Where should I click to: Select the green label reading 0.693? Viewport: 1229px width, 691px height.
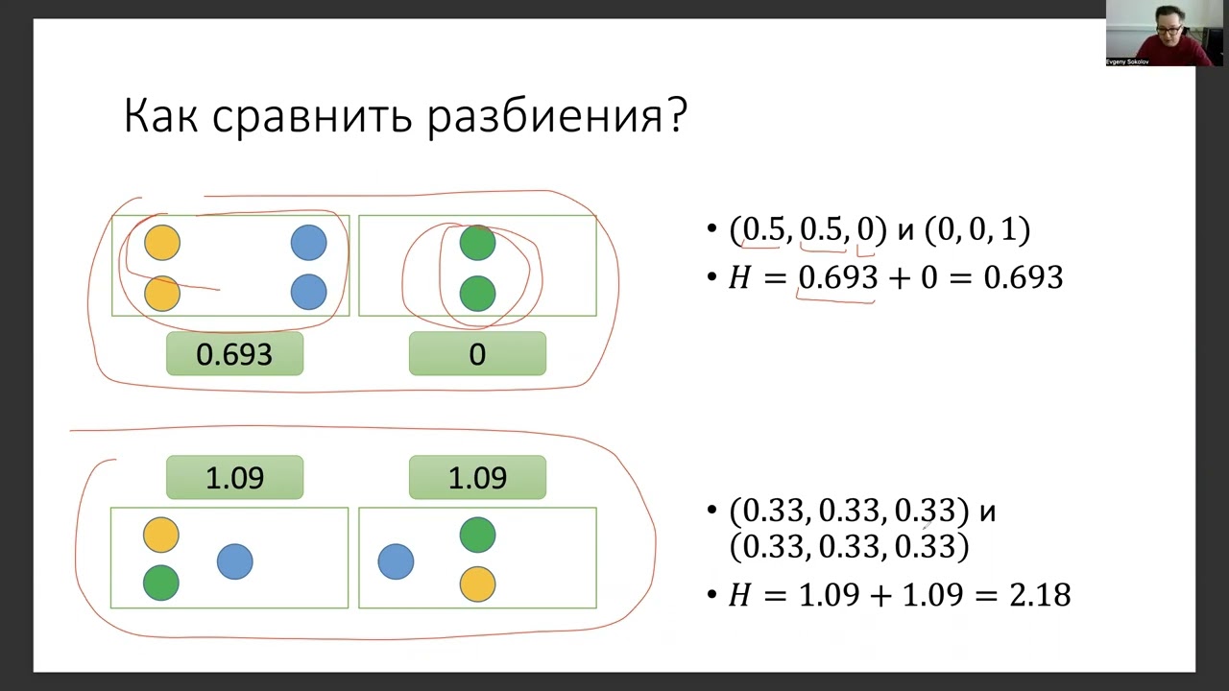(234, 354)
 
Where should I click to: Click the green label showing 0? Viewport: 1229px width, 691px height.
(477, 354)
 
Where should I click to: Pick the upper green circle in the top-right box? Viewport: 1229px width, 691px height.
(477, 244)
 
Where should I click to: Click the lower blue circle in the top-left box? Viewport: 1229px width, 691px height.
(308, 292)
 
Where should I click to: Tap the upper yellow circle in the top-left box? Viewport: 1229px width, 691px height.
(162, 244)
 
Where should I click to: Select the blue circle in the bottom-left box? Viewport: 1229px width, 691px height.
(235, 561)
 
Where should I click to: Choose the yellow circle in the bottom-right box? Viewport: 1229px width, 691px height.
(477, 584)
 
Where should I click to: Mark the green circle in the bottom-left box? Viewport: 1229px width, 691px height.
(161, 583)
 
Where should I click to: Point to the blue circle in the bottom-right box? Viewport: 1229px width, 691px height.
(396, 561)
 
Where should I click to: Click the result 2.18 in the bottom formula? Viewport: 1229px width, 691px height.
(1040, 595)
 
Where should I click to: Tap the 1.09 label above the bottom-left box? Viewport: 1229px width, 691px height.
(234, 478)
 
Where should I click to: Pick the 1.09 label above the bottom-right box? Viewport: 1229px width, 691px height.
(477, 478)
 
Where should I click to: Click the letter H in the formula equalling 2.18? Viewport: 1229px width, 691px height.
(738, 596)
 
